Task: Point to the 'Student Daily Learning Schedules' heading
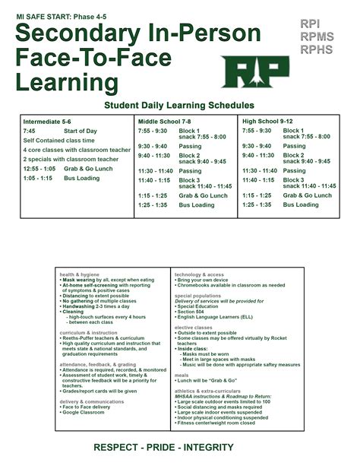[179, 105]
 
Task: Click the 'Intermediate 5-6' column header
[47, 122]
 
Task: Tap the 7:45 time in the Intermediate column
[30, 131]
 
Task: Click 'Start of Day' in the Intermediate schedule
[81, 131]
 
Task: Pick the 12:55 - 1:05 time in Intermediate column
[39, 169]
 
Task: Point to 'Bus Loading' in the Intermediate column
[82, 178]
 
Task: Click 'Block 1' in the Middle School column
[190, 130]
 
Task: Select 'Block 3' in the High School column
[294, 179]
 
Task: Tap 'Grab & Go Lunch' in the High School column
[308, 195]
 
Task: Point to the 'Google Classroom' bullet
[84, 412]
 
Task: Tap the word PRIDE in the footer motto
[179, 447]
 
